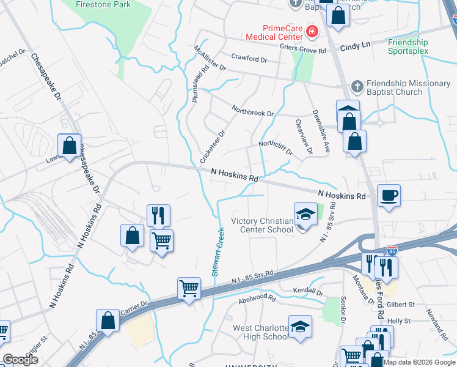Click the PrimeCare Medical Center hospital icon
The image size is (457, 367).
[x=312, y=30]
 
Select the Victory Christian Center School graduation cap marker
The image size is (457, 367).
[x=305, y=214]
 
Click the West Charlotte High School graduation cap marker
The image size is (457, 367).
[x=299, y=327]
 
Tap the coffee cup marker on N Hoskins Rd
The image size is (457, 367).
[x=389, y=196]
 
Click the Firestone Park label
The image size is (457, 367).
[x=103, y=4]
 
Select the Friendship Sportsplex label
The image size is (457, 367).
[x=408, y=46]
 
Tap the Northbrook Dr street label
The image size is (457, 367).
[x=252, y=111]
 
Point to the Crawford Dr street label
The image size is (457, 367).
[x=249, y=59]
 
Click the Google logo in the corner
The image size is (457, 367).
[x=20, y=360]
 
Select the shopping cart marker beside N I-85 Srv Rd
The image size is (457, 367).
[x=189, y=287]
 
